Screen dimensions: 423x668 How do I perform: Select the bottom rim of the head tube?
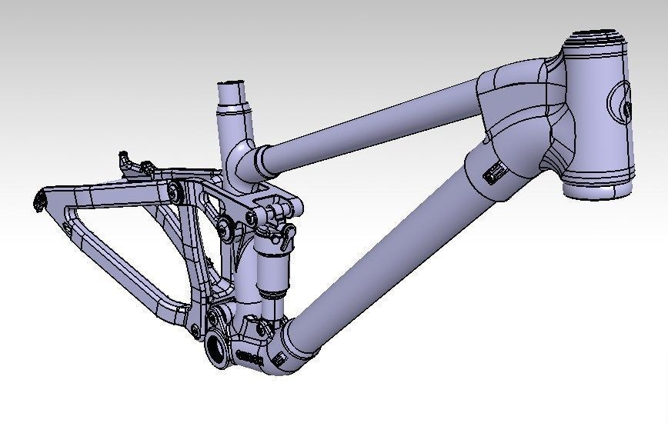600,187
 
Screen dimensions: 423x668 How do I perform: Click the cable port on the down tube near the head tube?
492,175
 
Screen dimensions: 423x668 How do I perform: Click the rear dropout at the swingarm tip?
39,202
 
